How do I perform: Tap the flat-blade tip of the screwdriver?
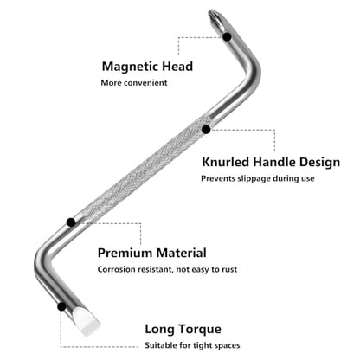click(x=87, y=322)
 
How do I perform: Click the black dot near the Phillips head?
click(x=227, y=36)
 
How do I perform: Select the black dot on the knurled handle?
click(x=206, y=130)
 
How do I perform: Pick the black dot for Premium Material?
click(x=71, y=222)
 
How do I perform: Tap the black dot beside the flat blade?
click(x=61, y=306)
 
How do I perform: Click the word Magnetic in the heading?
click(x=130, y=67)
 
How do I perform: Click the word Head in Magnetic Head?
click(x=177, y=67)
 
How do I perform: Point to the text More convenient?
click(x=134, y=83)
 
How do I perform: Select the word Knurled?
click(x=226, y=162)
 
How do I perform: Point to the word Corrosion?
click(x=116, y=269)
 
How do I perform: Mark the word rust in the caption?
click(x=229, y=270)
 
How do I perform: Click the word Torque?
click(x=196, y=330)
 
